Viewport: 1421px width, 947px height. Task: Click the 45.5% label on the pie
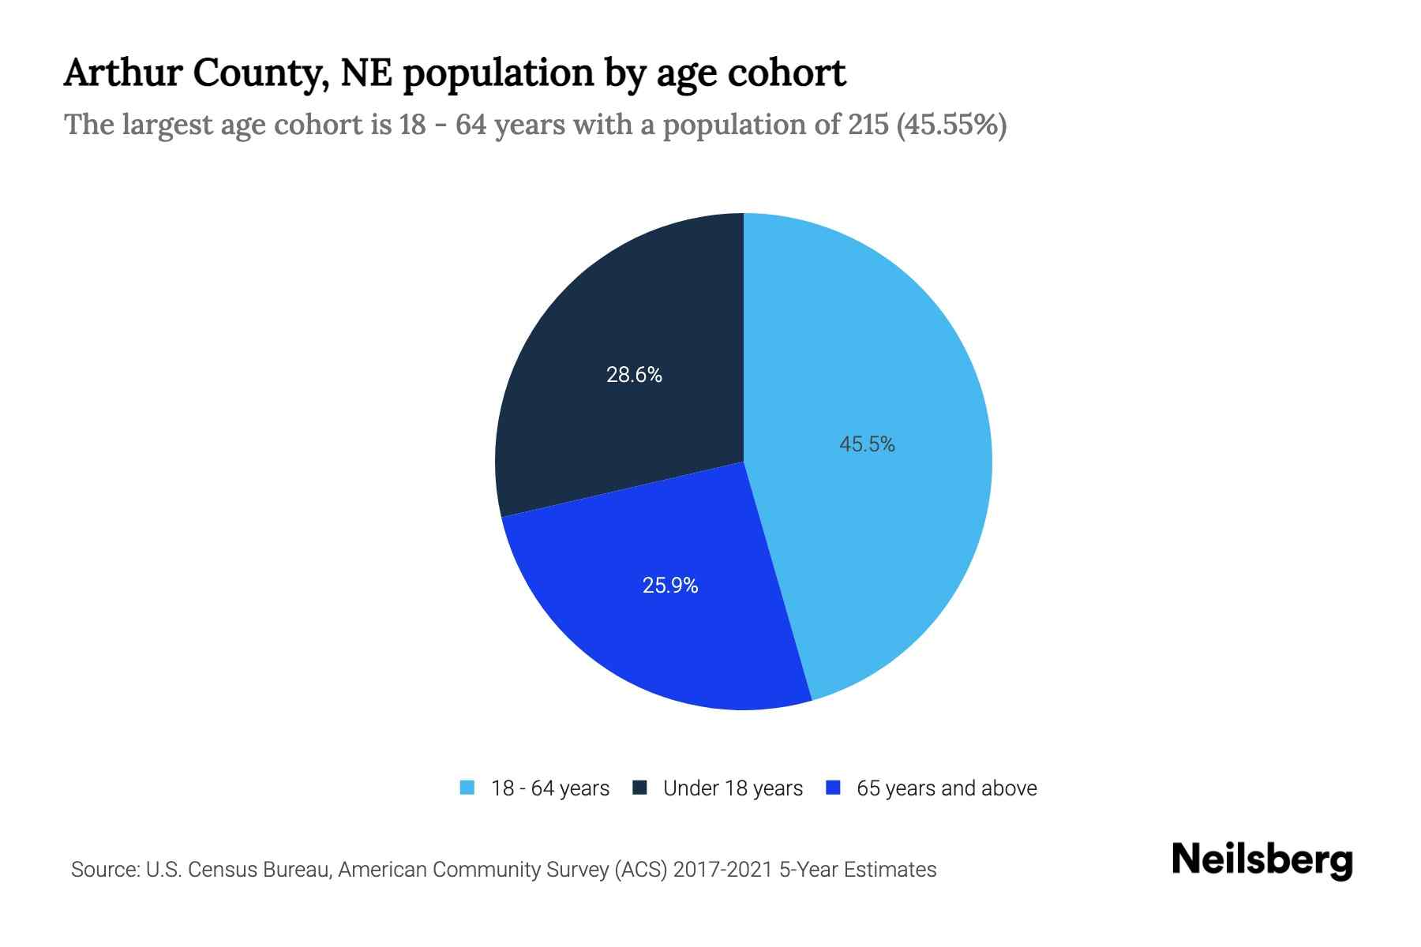tap(867, 444)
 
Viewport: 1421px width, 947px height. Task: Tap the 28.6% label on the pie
tap(634, 375)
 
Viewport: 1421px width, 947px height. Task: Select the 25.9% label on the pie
tap(670, 586)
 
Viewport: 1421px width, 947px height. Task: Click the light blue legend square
tap(467, 788)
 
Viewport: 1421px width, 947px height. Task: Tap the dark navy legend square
tap(639, 788)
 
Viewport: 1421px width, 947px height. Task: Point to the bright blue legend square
tap(833, 788)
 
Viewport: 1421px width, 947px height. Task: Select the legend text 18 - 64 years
tap(550, 788)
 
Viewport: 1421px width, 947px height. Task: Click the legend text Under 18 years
tap(733, 788)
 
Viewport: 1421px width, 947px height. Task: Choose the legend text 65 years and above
tap(947, 788)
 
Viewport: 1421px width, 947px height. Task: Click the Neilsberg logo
tap(1262, 860)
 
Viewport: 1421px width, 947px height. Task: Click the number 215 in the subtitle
tap(868, 125)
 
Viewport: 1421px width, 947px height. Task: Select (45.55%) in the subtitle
tap(951, 125)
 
